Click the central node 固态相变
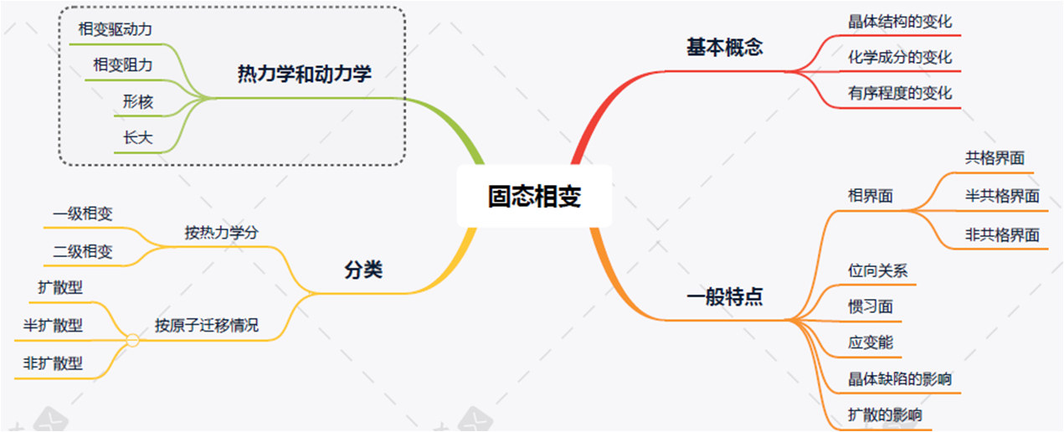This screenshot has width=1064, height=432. [534, 196]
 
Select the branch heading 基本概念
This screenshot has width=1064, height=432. [724, 48]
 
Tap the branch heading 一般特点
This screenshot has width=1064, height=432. [724, 297]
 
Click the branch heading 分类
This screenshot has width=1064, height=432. [362, 270]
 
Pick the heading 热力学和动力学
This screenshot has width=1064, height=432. [304, 75]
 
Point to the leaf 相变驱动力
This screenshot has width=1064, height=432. [115, 29]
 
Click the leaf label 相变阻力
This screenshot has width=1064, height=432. [123, 64]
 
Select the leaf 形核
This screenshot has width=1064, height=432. [138, 102]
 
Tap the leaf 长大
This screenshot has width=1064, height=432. [138, 138]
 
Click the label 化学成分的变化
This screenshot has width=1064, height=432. [900, 58]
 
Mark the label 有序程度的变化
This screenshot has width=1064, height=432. [900, 93]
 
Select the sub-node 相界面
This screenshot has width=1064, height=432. [870, 197]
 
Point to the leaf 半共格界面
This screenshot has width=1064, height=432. [1002, 197]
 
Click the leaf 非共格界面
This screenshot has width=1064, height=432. [1002, 235]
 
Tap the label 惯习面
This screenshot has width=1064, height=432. [870, 307]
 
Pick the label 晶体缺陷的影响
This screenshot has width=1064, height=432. [900, 379]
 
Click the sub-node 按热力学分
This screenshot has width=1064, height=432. [221, 233]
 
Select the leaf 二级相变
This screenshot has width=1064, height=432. [82, 251]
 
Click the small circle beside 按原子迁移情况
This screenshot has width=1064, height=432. [132, 340]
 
